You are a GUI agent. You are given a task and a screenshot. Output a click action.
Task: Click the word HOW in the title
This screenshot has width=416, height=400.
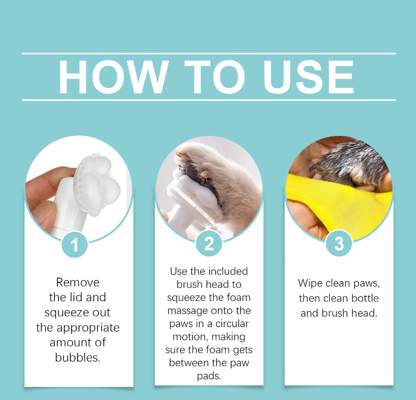(x=114, y=77)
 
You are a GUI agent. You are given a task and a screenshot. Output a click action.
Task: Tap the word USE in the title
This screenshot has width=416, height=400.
(x=308, y=77)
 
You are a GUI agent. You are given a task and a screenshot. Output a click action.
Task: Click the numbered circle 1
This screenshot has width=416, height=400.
(x=75, y=244)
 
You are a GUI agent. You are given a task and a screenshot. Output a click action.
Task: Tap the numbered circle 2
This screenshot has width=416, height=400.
(x=209, y=243)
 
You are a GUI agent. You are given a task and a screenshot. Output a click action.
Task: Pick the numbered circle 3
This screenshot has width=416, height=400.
(x=339, y=243)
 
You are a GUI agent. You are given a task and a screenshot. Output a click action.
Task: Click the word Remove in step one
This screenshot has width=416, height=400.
(x=78, y=282)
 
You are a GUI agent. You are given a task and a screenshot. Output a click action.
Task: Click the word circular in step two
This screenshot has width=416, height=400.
(x=232, y=323)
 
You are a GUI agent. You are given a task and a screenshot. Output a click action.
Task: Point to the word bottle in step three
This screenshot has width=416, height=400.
(x=365, y=298)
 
